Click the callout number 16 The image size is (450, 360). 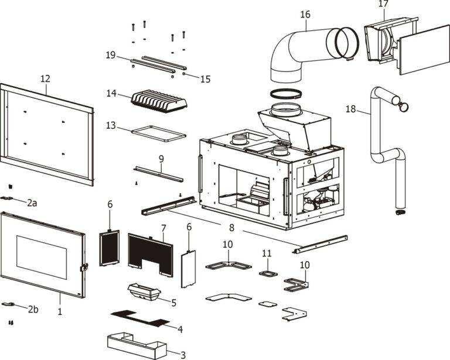click(305, 14)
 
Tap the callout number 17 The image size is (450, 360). click(383, 4)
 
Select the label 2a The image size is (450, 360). click(32, 203)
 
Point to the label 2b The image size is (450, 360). click(33, 310)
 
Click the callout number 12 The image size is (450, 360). click(45, 78)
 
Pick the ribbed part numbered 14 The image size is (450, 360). click(159, 102)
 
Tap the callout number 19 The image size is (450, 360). click(111, 54)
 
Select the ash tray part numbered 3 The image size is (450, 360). click(137, 346)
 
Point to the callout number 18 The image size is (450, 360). click(350, 109)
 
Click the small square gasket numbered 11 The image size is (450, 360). click(268, 273)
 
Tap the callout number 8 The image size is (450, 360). click(231, 228)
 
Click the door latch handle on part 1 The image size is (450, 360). click(84, 267)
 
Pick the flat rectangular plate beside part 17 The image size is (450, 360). click(424, 50)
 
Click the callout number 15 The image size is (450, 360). click(205, 79)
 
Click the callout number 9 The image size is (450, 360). click(161, 159)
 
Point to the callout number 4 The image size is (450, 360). click(180, 329)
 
